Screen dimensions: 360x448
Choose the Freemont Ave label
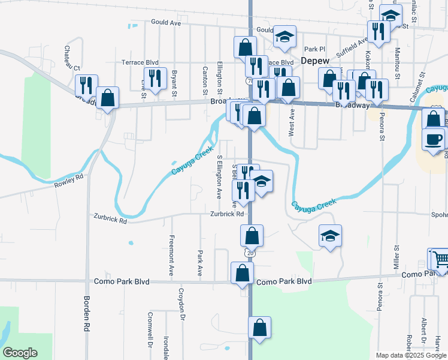point(171,256)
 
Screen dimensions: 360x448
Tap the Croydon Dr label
point(180,304)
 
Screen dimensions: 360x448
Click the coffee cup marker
point(433,139)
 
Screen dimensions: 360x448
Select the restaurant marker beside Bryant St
point(155,77)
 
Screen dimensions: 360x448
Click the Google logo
point(20,353)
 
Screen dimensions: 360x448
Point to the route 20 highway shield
point(250,253)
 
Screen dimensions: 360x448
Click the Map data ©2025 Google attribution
point(410,355)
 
